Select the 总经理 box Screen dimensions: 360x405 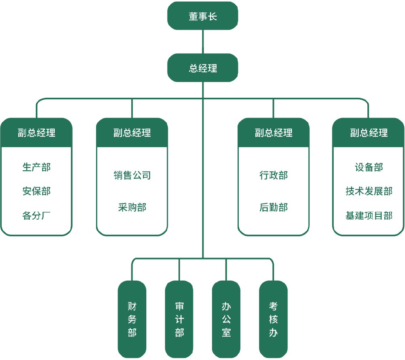pos(203,68)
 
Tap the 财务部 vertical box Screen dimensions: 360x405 pos(132,319)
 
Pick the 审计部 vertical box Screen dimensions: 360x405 pos(179,319)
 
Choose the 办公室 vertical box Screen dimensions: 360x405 pos(226,319)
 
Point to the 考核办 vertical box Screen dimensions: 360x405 pos(273,319)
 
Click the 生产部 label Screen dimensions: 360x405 pos(36,167)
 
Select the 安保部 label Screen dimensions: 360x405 pos(36,191)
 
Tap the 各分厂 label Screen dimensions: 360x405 pos(36,215)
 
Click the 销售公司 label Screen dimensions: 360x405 pos(132,175)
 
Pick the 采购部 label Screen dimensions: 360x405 pos(132,207)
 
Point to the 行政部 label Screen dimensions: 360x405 pos(273,175)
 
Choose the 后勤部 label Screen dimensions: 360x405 pos(273,207)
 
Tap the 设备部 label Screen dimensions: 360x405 pos(369,167)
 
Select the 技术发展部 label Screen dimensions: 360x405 pos(369,191)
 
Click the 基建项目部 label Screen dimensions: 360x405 pos(369,215)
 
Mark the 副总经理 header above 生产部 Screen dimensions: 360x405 pos(36,133)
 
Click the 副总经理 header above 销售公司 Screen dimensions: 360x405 pos(132,133)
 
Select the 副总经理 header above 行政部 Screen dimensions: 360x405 pos(273,133)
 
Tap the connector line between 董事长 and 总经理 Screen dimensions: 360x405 pos(203,42)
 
